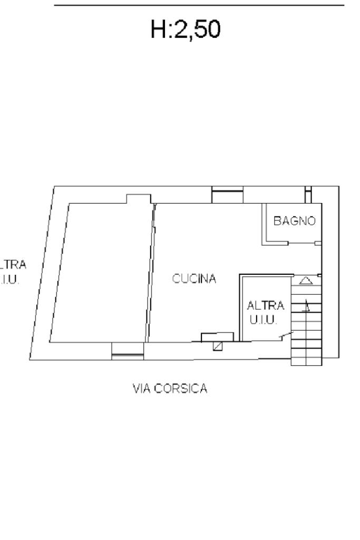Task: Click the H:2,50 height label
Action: pos(185,31)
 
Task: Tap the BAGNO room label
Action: pos(294,221)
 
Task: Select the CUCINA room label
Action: pos(194,279)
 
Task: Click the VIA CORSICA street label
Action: pos(170,389)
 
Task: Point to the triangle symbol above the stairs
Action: pos(306,281)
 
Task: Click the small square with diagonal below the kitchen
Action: pos(218,346)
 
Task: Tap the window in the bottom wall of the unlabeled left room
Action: pos(128,351)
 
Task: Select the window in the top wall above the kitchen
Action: pos(228,195)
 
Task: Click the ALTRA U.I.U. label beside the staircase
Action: pos(265,313)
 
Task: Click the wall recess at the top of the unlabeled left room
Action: pos(138,199)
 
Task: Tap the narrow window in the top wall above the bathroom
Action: pos(308,194)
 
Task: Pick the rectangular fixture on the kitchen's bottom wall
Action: pos(217,336)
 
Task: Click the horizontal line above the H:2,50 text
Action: pos(199,6)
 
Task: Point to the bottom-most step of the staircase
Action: pos(306,361)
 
